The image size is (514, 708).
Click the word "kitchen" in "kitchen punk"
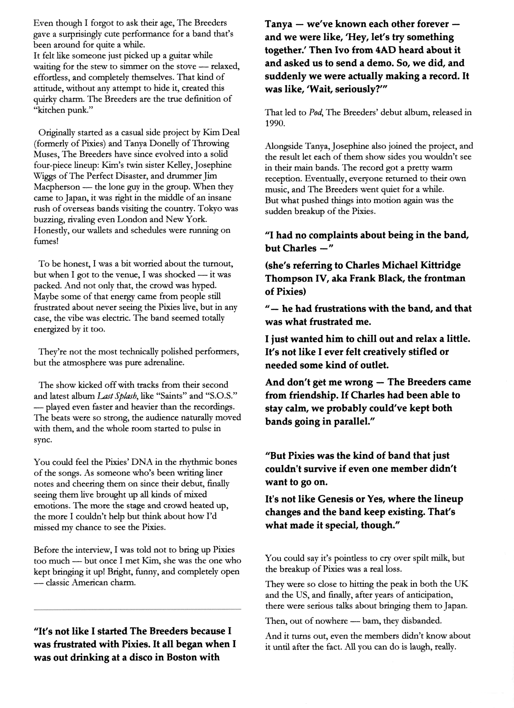(x=51, y=111)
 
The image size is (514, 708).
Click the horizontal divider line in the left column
(x=137, y=609)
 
